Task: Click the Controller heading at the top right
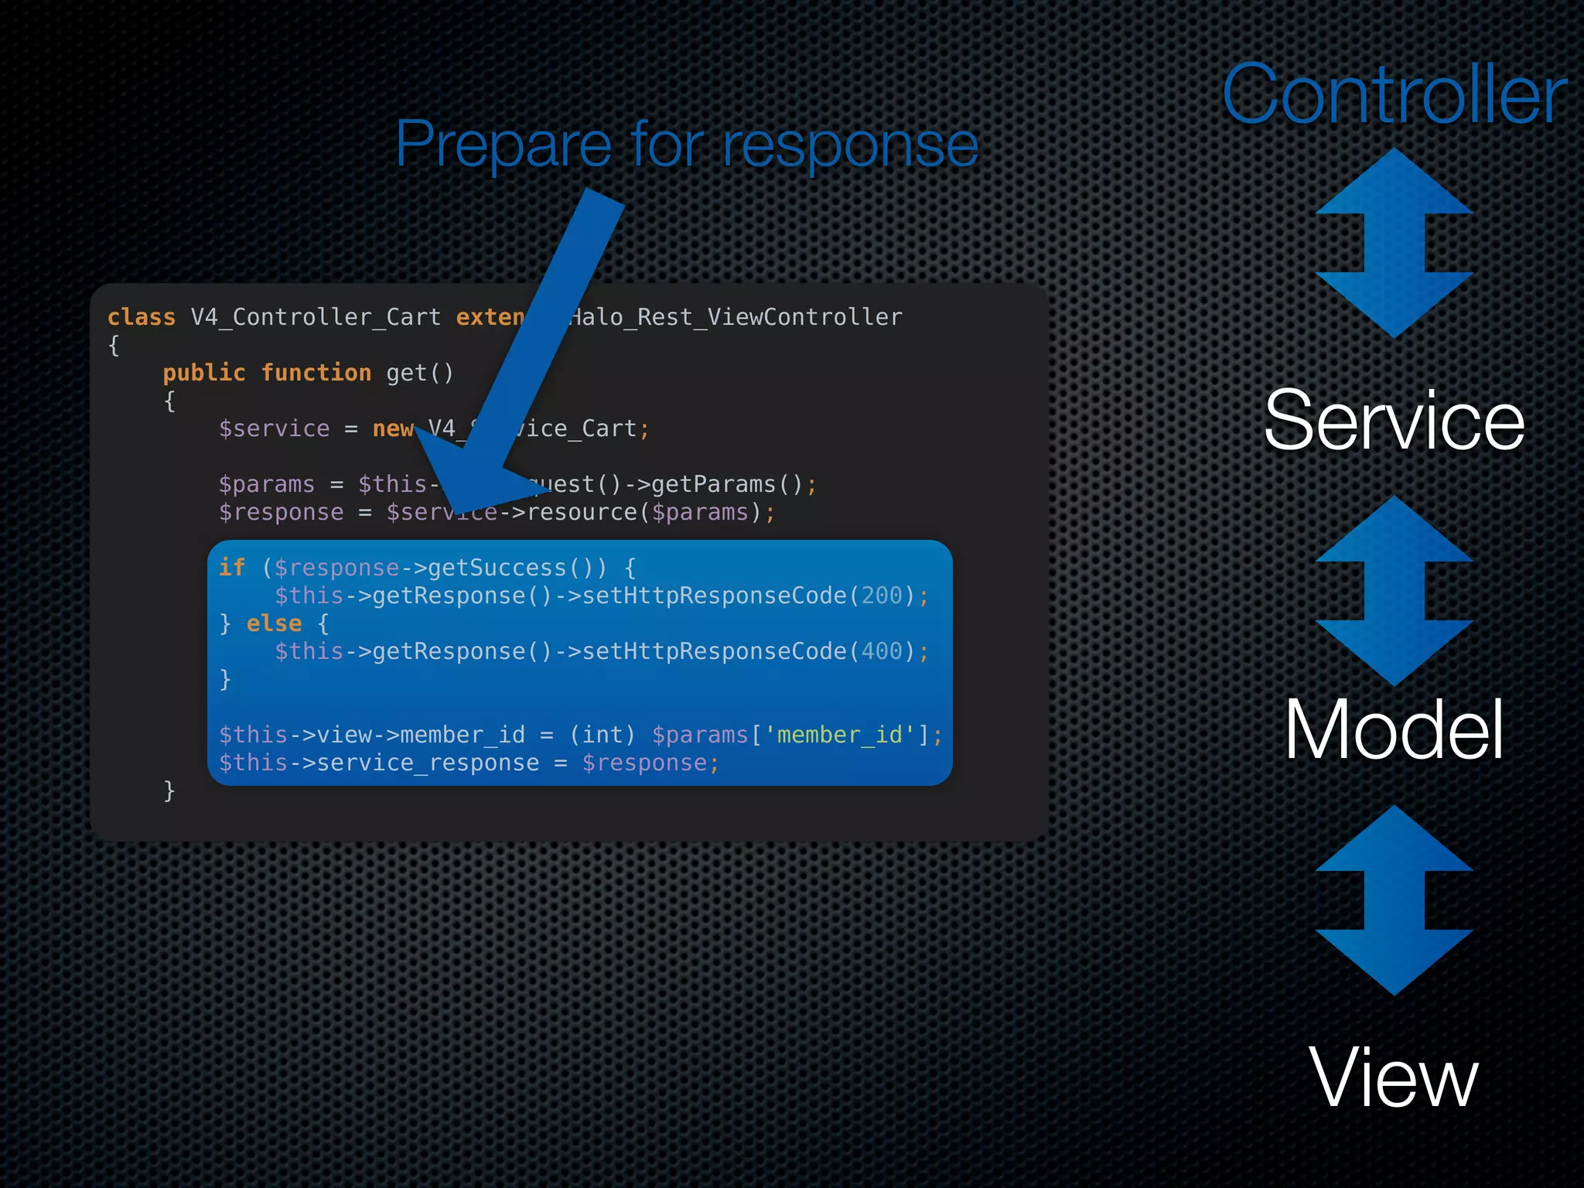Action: click(x=1394, y=94)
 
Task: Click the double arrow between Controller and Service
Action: click(x=1394, y=243)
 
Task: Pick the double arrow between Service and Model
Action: click(x=1394, y=591)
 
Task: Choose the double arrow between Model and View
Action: click(x=1394, y=900)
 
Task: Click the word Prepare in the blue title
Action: click(x=504, y=145)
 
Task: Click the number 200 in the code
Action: click(x=882, y=596)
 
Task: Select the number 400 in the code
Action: click(x=882, y=651)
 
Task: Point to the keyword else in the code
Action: click(x=274, y=623)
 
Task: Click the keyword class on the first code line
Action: click(x=142, y=317)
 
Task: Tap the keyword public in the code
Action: click(x=204, y=373)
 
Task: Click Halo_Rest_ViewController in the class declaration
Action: click(x=735, y=317)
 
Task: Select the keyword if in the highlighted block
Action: click(x=232, y=568)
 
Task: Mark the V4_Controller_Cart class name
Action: click(x=316, y=317)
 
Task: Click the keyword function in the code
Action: click(x=316, y=373)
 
